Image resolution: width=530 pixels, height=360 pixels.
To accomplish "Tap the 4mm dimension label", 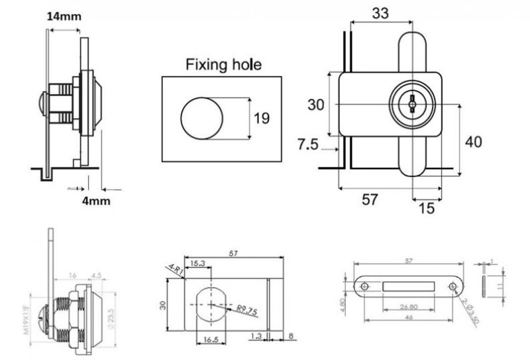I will [97, 200].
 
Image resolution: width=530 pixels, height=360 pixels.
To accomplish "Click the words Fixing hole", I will [223, 64].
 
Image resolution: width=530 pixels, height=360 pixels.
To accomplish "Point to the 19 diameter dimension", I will [262, 119].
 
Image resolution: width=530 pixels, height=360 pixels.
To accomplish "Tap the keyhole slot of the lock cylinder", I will [413, 104].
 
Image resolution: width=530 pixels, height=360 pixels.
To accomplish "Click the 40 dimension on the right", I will [473, 141].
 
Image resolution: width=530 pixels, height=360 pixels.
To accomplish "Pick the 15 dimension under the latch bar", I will [427, 208].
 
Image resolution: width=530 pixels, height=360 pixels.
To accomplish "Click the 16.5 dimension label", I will [210, 338].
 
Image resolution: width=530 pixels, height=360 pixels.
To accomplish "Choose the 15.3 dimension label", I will [197, 264].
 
